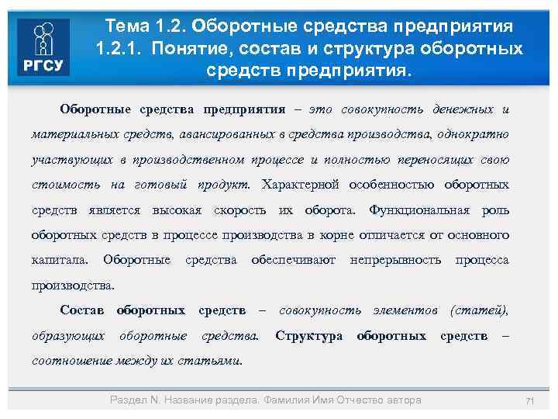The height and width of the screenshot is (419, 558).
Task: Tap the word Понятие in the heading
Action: pyautogui.click(x=187, y=48)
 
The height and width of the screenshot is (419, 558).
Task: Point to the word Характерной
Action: pyautogui.click(x=301, y=185)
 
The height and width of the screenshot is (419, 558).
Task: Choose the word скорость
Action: pyautogui.click(x=240, y=210)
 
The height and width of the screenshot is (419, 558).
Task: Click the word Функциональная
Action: pyautogui.click(x=419, y=210)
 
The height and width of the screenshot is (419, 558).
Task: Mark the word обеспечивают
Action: pyautogui.click(x=294, y=260)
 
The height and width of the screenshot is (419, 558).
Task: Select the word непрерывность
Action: pyautogui.click(x=396, y=260)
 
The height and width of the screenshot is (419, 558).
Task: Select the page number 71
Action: pyautogui.click(x=531, y=400)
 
